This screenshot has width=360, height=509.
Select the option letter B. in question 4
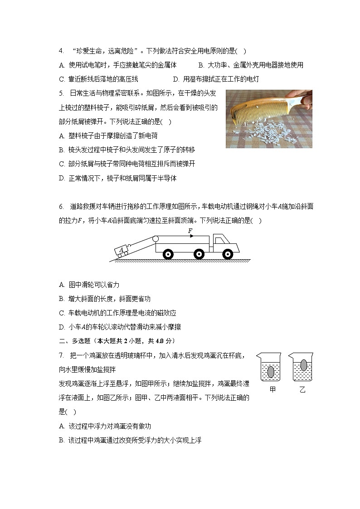tap(201, 65)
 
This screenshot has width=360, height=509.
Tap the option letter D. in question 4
tap(176, 79)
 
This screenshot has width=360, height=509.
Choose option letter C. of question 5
tap(62, 164)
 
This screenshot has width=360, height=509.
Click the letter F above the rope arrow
tap(190, 231)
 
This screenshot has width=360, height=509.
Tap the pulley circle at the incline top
tap(156, 238)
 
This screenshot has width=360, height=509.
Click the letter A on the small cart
tap(122, 249)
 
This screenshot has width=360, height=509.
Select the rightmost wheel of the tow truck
tap(228, 254)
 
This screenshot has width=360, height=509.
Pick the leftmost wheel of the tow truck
tap(168, 254)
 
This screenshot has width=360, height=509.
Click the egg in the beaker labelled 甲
tap(271, 372)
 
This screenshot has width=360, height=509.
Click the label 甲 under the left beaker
tap(272, 389)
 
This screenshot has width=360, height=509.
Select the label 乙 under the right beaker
tap(302, 390)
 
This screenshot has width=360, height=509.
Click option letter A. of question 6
tap(62, 285)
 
